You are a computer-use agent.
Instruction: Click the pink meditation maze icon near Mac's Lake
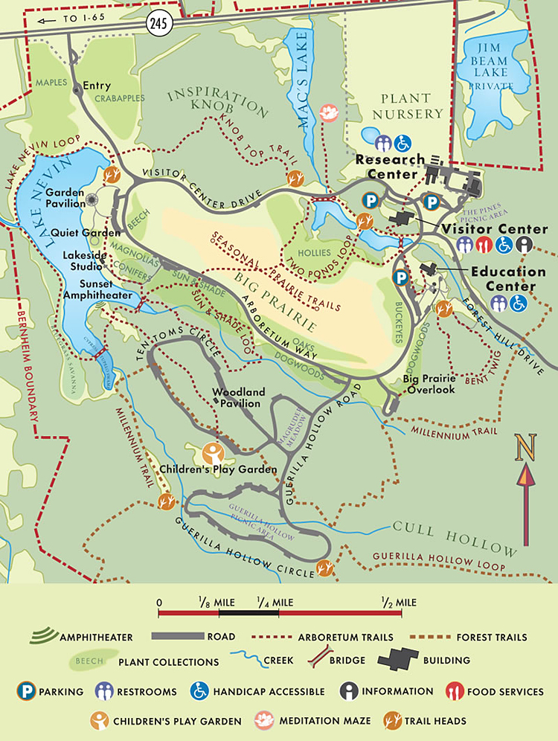tap(328, 112)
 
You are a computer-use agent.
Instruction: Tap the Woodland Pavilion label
tap(238, 397)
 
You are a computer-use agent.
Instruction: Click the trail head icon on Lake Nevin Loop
tap(112, 176)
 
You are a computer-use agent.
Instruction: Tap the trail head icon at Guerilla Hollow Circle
tap(324, 569)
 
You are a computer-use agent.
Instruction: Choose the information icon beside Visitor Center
tap(525, 244)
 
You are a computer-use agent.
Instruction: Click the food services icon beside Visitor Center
tap(485, 244)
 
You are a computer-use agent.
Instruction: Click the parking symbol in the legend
tap(27, 691)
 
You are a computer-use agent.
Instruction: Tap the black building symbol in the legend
tap(400, 660)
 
